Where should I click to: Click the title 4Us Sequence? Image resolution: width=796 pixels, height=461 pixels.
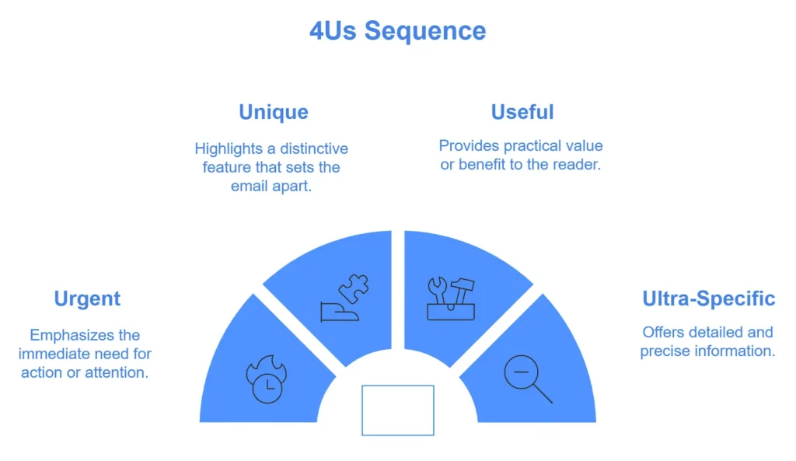[x=397, y=30]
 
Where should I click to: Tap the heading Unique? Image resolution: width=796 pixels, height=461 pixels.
[x=273, y=112]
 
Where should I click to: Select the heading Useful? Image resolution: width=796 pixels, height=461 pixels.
[x=522, y=112]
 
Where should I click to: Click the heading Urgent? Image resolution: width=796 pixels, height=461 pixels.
[x=87, y=299]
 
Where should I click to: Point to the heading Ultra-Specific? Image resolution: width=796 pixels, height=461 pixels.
[x=708, y=299]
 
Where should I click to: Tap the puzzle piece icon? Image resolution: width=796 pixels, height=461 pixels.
[x=344, y=298]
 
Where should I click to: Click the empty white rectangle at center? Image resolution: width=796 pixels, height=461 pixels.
[x=397, y=410]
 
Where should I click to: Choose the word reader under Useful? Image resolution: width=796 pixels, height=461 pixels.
[x=576, y=165]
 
